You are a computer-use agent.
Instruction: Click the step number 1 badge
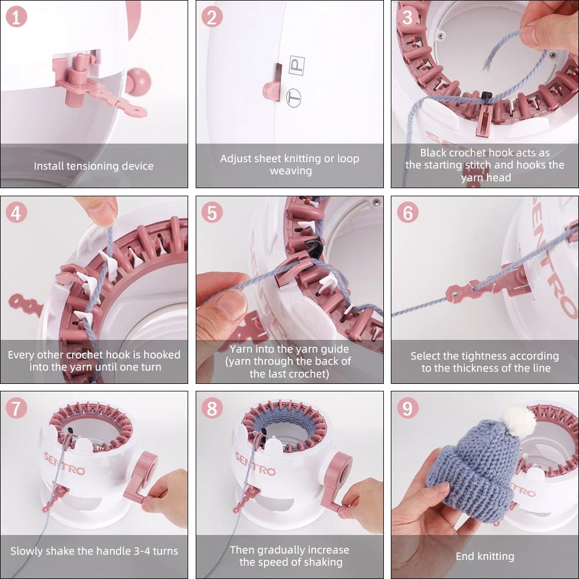tap(16, 17)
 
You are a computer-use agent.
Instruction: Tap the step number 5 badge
tap(212, 212)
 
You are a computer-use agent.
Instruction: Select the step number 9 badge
tap(408, 408)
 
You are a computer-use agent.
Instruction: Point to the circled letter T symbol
tap(294, 98)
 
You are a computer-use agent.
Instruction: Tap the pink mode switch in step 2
tap(273, 86)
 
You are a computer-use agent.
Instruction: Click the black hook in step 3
tap(487, 97)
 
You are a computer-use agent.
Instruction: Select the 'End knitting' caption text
tap(485, 556)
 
